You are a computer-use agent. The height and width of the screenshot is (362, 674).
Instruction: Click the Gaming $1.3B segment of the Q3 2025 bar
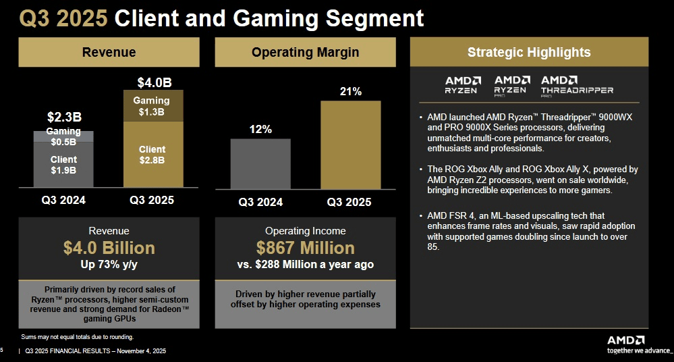pyautogui.click(x=152, y=106)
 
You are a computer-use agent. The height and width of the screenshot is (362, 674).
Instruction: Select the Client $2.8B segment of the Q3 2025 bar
pyautogui.click(x=152, y=155)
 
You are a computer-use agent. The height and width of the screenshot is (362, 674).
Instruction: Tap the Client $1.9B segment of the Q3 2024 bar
pyautogui.click(x=64, y=165)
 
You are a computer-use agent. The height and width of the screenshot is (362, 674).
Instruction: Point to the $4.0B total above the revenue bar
pyautogui.click(x=154, y=83)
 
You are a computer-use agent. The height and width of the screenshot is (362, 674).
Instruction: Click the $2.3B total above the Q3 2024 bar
pyautogui.click(x=64, y=117)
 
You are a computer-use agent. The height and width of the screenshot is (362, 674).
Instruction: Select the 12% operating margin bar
pyautogui.click(x=260, y=163)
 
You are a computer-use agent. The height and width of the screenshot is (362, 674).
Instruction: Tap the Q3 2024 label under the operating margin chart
pyautogui.click(x=260, y=201)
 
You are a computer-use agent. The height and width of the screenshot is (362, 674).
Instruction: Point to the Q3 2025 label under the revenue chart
pyautogui.click(x=152, y=200)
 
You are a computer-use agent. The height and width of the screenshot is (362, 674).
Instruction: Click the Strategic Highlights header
pyautogui.click(x=529, y=52)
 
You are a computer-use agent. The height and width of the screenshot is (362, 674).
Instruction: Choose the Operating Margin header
pyautogui.click(x=305, y=52)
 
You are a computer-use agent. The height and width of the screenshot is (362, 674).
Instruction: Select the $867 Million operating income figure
pyautogui.click(x=305, y=248)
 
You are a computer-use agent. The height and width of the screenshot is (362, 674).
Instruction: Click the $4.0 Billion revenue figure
pyautogui.click(x=109, y=248)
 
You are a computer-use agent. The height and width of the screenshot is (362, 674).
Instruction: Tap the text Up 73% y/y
pyautogui.click(x=109, y=264)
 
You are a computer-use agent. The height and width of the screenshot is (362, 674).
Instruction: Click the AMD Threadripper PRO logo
pyautogui.click(x=577, y=84)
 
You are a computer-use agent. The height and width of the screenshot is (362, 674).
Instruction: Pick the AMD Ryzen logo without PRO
pyautogui.click(x=462, y=84)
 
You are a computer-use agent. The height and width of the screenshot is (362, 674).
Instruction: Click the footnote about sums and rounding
pyautogui.click(x=78, y=336)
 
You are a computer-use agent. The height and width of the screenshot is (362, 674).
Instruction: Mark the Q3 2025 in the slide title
pyautogui.click(x=63, y=18)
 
